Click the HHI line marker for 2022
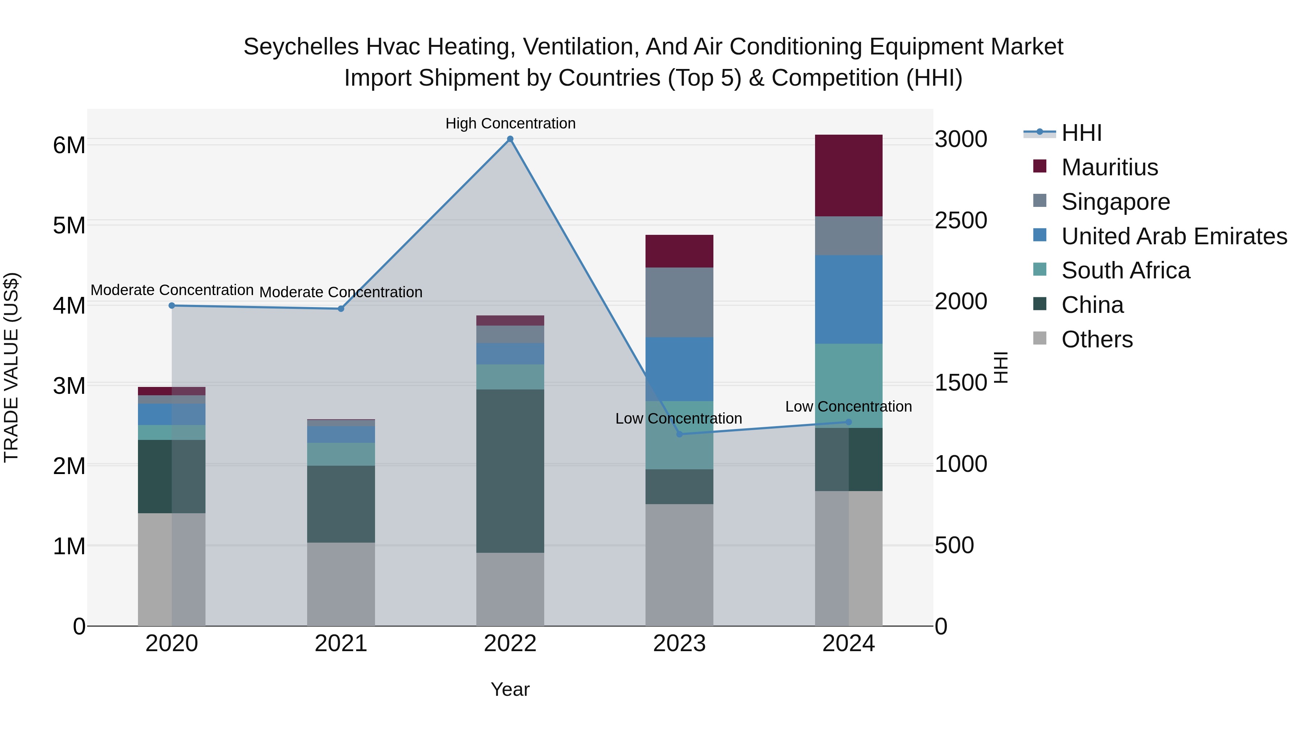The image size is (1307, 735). [x=510, y=139]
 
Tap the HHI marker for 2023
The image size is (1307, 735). [x=679, y=434]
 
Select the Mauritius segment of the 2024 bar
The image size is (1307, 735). [x=848, y=176]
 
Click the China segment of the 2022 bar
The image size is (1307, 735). [x=510, y=471]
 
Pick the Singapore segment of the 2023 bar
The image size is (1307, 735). [x=679, y=302]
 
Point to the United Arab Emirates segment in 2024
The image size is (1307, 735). [x=848, y=299]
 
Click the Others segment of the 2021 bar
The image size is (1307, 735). [x=341, y=584]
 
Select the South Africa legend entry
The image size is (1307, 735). [x=1125, y=270]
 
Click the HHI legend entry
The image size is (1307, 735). [x=1081, y=133]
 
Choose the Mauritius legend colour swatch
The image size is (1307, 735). [x=1040, y=166]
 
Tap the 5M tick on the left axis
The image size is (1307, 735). [x=69, y=225]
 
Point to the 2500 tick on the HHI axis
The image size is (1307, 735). [x=960, y=221]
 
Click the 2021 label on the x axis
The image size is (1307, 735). [x=341, y=644]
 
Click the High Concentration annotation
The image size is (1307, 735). [x=510, y=123]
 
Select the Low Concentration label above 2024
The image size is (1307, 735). [x=848, y=406]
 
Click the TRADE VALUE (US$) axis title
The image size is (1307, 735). [x=12, y=367]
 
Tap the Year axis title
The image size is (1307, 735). [x=510, y=689]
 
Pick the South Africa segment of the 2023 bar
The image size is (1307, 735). [x=679, y=435]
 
